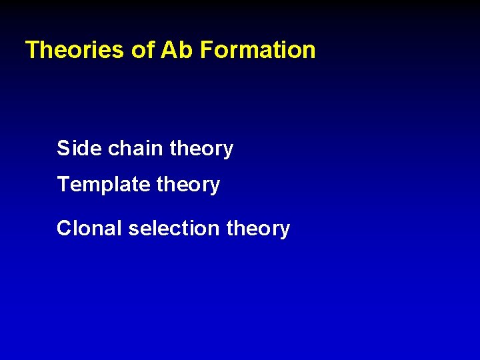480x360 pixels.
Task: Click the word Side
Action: click(79, 148)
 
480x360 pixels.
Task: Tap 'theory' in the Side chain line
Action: click(201, 149)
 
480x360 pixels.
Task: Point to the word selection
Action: click(174, 229)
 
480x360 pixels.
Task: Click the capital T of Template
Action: click(63, 184)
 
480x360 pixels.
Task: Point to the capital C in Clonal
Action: click(64, 229)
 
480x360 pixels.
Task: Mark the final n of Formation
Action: click(309, 52)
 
